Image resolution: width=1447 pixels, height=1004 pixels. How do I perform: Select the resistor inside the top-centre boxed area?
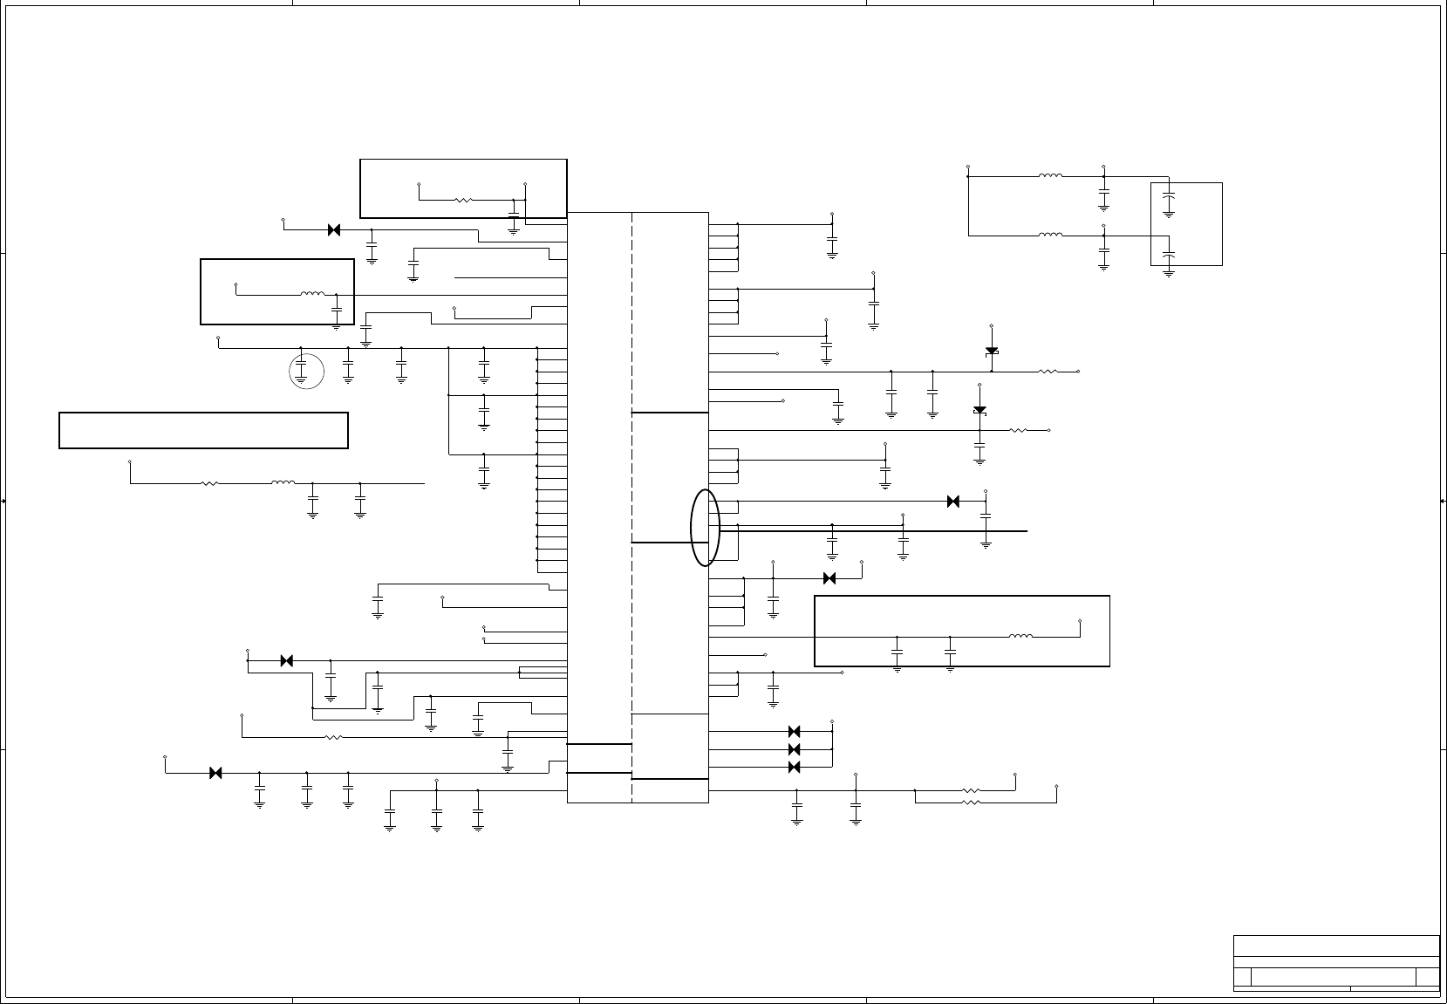(x=463, y=200)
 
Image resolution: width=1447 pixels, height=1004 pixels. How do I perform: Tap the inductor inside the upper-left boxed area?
(x=312, y=294)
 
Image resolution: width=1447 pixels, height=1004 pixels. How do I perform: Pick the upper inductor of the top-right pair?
(x=1050, y=176)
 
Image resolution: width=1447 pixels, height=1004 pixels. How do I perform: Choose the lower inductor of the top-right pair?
(x=1050, y=236)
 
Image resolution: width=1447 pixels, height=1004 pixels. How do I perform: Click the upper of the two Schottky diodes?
(x=992, y=351)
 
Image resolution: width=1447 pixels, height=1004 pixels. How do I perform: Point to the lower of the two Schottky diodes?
(x=979, y=410)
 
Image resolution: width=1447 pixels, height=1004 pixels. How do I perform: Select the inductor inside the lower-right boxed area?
(x=1020, y=637)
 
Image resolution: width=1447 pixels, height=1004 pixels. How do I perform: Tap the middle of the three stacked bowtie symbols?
(x=795, y=749)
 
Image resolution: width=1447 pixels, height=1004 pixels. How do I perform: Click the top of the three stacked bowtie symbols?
(x=795, y=732)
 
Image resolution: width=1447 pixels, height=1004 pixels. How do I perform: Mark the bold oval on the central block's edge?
(x=705, y=528)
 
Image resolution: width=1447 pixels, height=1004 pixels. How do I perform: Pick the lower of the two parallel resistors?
(x=971, y=802)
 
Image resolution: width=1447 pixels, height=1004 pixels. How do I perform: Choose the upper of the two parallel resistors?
(x=971, y=791)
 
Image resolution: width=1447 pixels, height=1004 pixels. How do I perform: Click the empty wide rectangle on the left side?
(x=203, y=430)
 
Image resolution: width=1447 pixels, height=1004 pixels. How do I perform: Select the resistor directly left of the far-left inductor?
(x=209, y=483)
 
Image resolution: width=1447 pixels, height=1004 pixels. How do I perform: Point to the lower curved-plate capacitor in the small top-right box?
(x=1170, y=255)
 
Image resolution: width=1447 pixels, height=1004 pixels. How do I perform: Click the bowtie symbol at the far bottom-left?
(x=215, y=773)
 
